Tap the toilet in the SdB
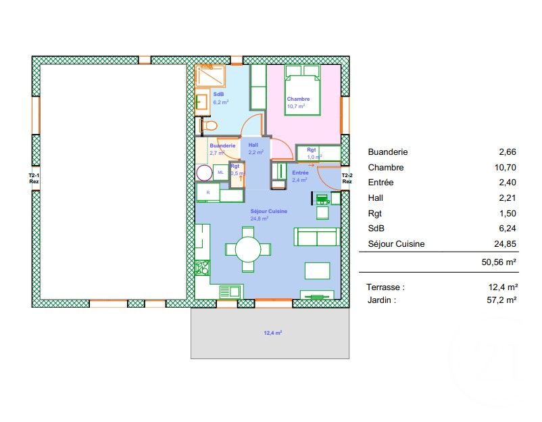pyautogui.click(x=209, y=126)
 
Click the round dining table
pyautogui.click(x=248, y=250)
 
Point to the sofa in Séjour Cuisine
pyautogui.click(x=316, y=237)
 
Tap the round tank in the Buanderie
pyautogui.click(x=204, y=173)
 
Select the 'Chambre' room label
pyautogui.click(x=298, y=99)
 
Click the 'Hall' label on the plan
pyautogui.click(x=253, y=145)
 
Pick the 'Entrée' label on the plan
pyautogui.click(x=299, y=173)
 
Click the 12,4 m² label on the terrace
pyautogui.click(x=272, y=333)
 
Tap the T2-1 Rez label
pyautogui.click(x=34, y=179)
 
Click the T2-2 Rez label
pyautogui.click(x=347, y=179)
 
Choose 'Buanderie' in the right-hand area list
pyautogui.click(x=388, y=152)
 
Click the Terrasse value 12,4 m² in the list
pyautogui.click(x=503, y=286)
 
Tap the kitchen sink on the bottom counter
pyautogui.click(x=230, y=291)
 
